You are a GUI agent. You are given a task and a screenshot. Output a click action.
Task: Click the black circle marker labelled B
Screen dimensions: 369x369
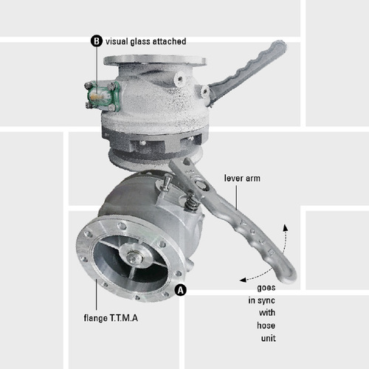(96, 41)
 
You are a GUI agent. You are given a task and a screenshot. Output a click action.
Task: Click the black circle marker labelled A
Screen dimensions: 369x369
(182, 290)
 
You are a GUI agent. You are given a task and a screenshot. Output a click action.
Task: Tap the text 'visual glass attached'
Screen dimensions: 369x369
(145, 41)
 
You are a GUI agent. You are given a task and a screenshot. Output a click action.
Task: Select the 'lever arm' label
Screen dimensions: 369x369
(241, 179)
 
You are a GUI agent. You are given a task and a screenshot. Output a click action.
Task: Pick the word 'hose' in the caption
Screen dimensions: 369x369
(266, 325)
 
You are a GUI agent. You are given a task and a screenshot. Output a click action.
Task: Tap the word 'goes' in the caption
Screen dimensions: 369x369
(267, 287)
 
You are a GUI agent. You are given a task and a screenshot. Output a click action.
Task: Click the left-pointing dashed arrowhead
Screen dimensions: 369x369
(241, 280)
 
